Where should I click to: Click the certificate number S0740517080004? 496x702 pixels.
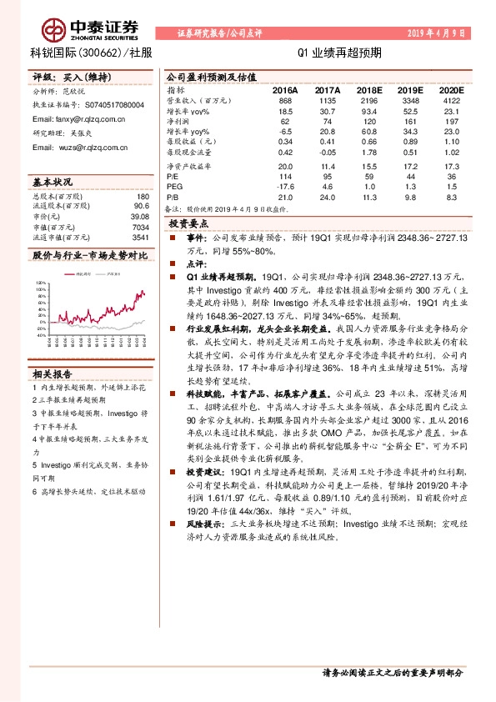point(113,105)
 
